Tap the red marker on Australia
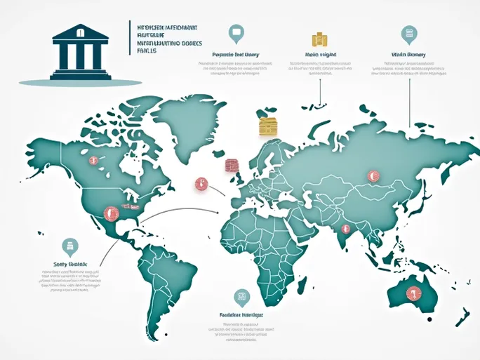point(412,295)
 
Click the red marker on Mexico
point(108,211)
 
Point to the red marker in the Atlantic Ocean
point(200,184)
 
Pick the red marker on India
point(345,229)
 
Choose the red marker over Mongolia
point(373,176)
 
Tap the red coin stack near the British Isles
point(231,166)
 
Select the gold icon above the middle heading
point(319,39)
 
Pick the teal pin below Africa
point(241,297)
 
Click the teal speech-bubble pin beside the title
point(236,32)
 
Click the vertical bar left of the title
point(130,38)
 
